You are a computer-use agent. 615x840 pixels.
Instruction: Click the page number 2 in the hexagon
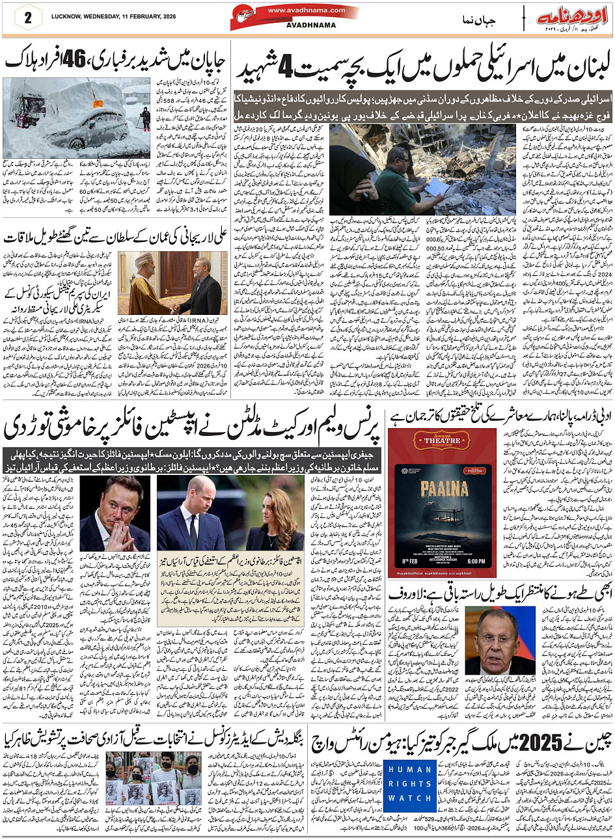pyautogui.click(x=28, y=18)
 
